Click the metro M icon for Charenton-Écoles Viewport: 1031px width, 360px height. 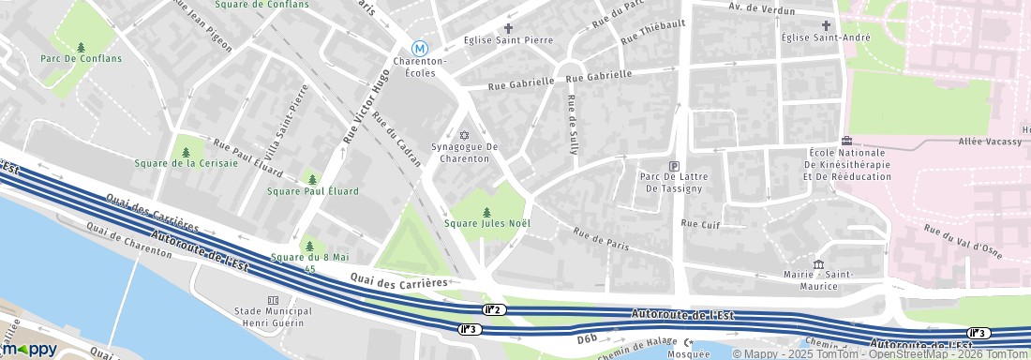coord(420,48)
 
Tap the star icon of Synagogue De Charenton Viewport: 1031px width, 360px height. coord(463,134)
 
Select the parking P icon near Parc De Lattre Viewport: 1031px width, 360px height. coord(673,165)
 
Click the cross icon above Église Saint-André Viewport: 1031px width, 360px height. coord(826,25)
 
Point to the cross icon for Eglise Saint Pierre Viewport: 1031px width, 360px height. coord(509,28)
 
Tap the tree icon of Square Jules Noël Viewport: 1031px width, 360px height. coord(486,212)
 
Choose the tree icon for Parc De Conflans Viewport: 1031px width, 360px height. coord(81,47)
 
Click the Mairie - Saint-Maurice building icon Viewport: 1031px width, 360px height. coord(818,263)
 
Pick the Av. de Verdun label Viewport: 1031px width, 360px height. coord(762,9)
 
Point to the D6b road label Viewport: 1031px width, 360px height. coord(587,337)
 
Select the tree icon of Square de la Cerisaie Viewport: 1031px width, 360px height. coord(186,152)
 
